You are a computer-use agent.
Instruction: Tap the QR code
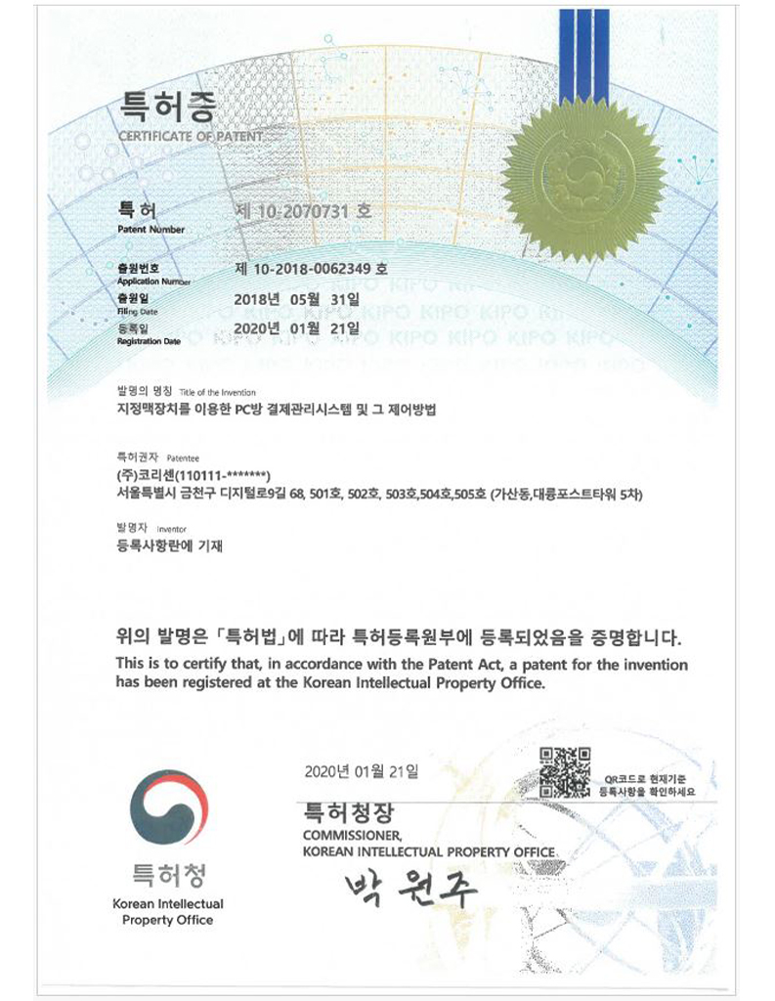tap(565, 770)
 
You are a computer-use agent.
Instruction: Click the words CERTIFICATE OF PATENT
tap(191, 136)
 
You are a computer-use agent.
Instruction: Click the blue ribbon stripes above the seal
tap(580, 49)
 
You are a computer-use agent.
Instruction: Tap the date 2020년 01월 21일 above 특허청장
tap(361, 772)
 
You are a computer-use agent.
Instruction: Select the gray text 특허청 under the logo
tap(169, 872)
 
